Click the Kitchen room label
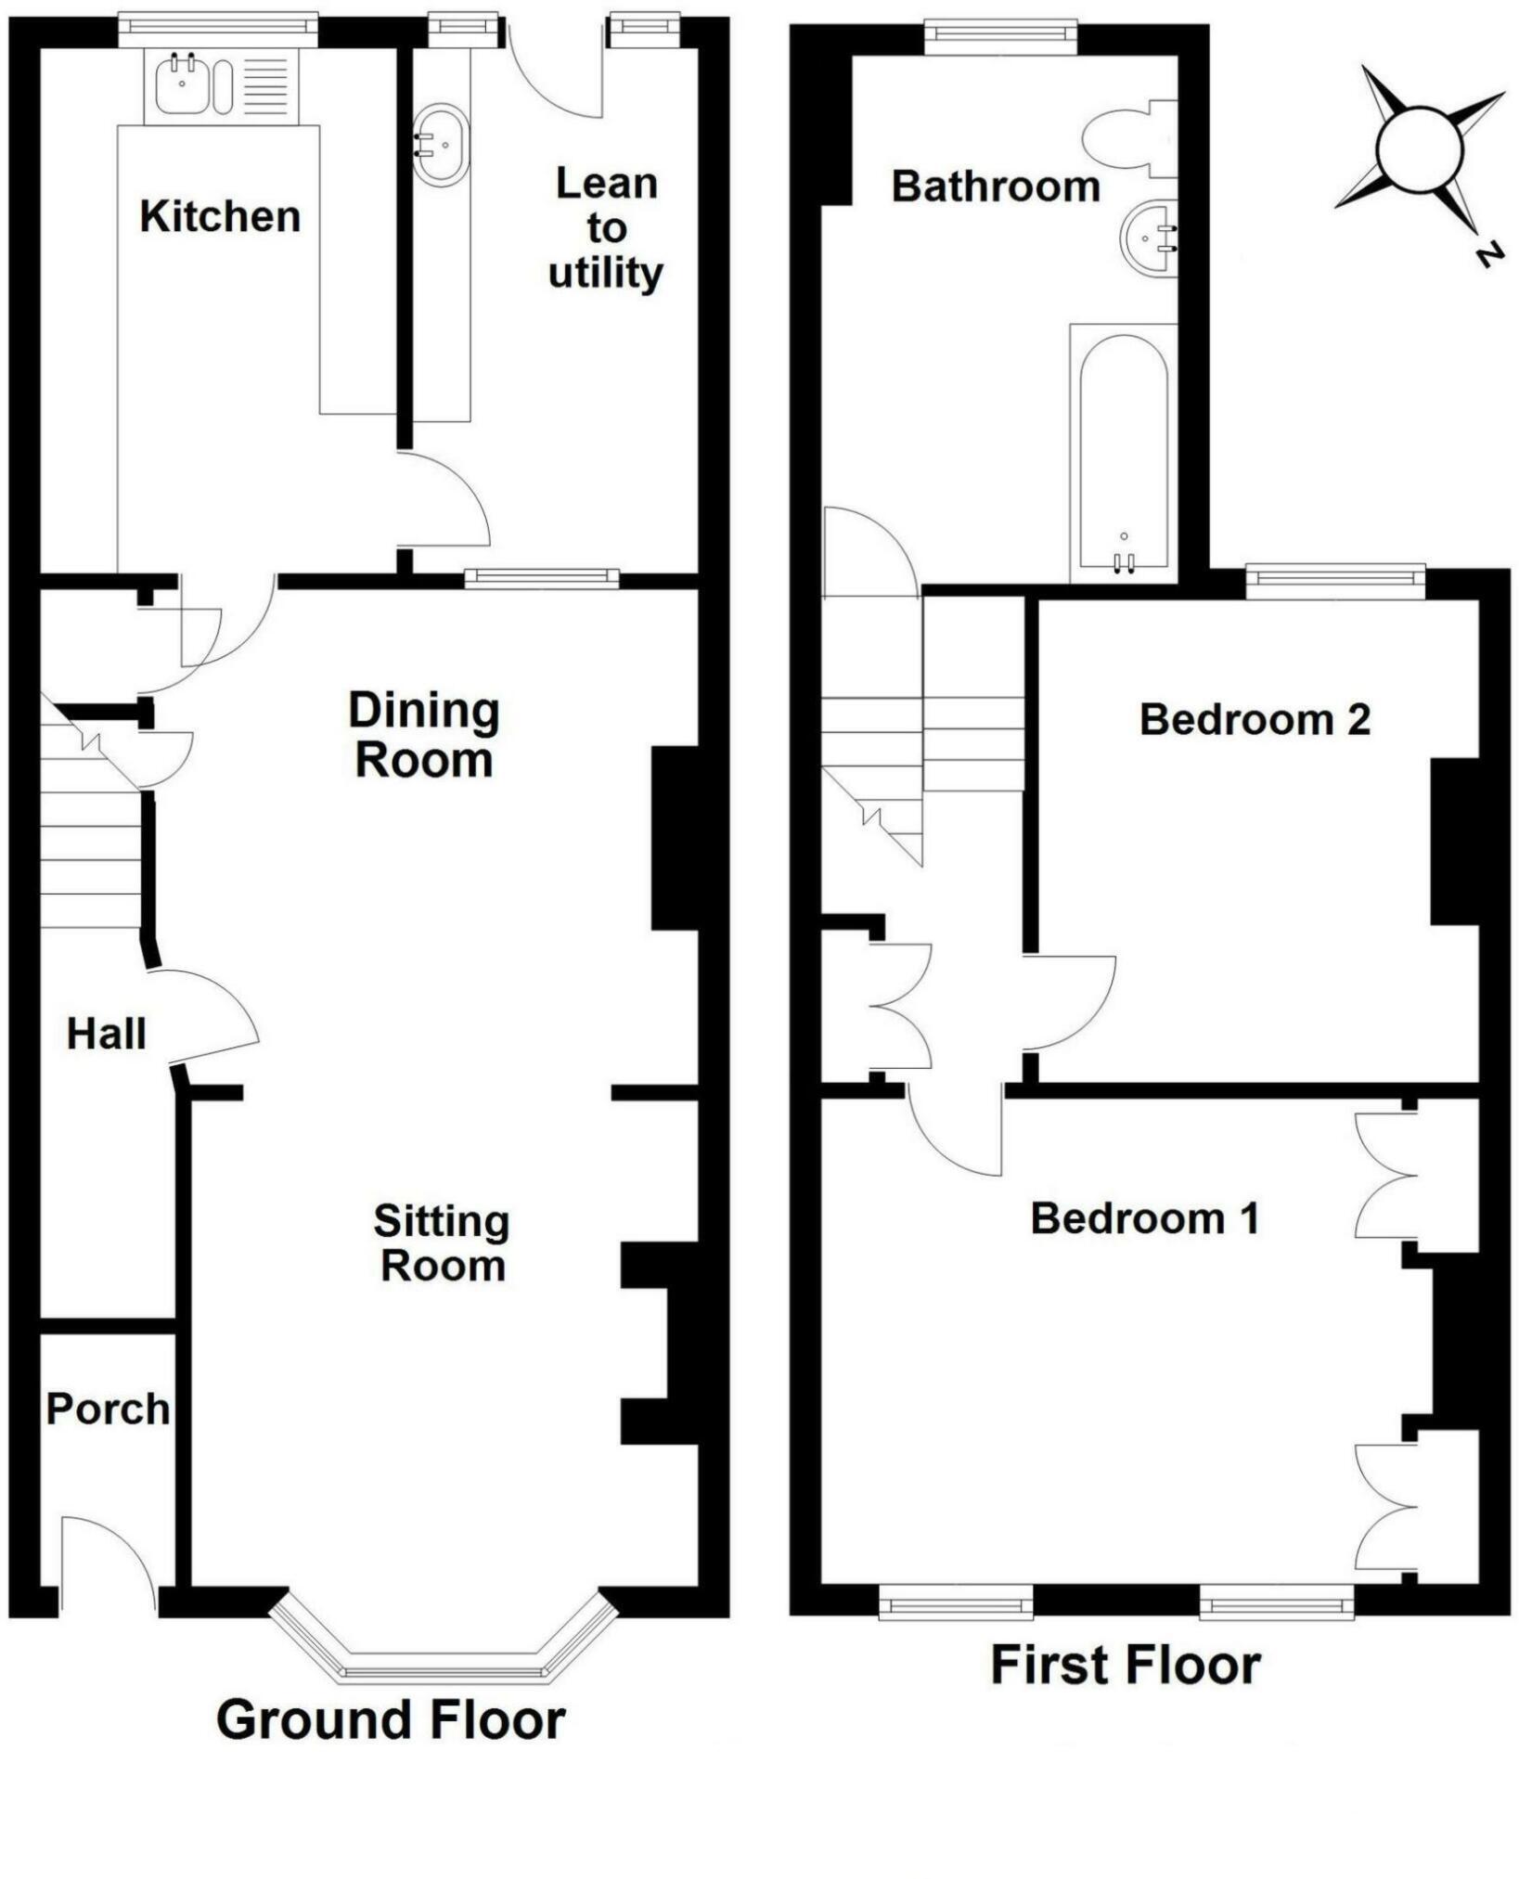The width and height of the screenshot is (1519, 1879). point(220,216)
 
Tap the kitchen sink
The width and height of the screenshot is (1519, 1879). point(222,84)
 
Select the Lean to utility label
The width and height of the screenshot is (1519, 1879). point(606,228)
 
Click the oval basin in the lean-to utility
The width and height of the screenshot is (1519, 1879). point(441,144)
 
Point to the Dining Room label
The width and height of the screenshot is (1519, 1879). point(424,735)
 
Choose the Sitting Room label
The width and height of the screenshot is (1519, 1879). point(442,1243)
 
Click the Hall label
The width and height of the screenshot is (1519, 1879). point(106,1034)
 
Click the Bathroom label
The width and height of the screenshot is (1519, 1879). point(996,187)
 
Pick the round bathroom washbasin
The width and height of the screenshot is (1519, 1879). point(1150,238)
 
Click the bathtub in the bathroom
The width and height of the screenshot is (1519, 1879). point(1124,454)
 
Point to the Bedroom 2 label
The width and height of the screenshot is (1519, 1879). point(1255,720)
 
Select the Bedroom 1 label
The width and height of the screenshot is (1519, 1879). point(1145,1218)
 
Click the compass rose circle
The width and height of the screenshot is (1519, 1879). point(1419,149)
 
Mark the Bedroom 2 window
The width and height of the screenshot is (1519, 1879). point(1335,581)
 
